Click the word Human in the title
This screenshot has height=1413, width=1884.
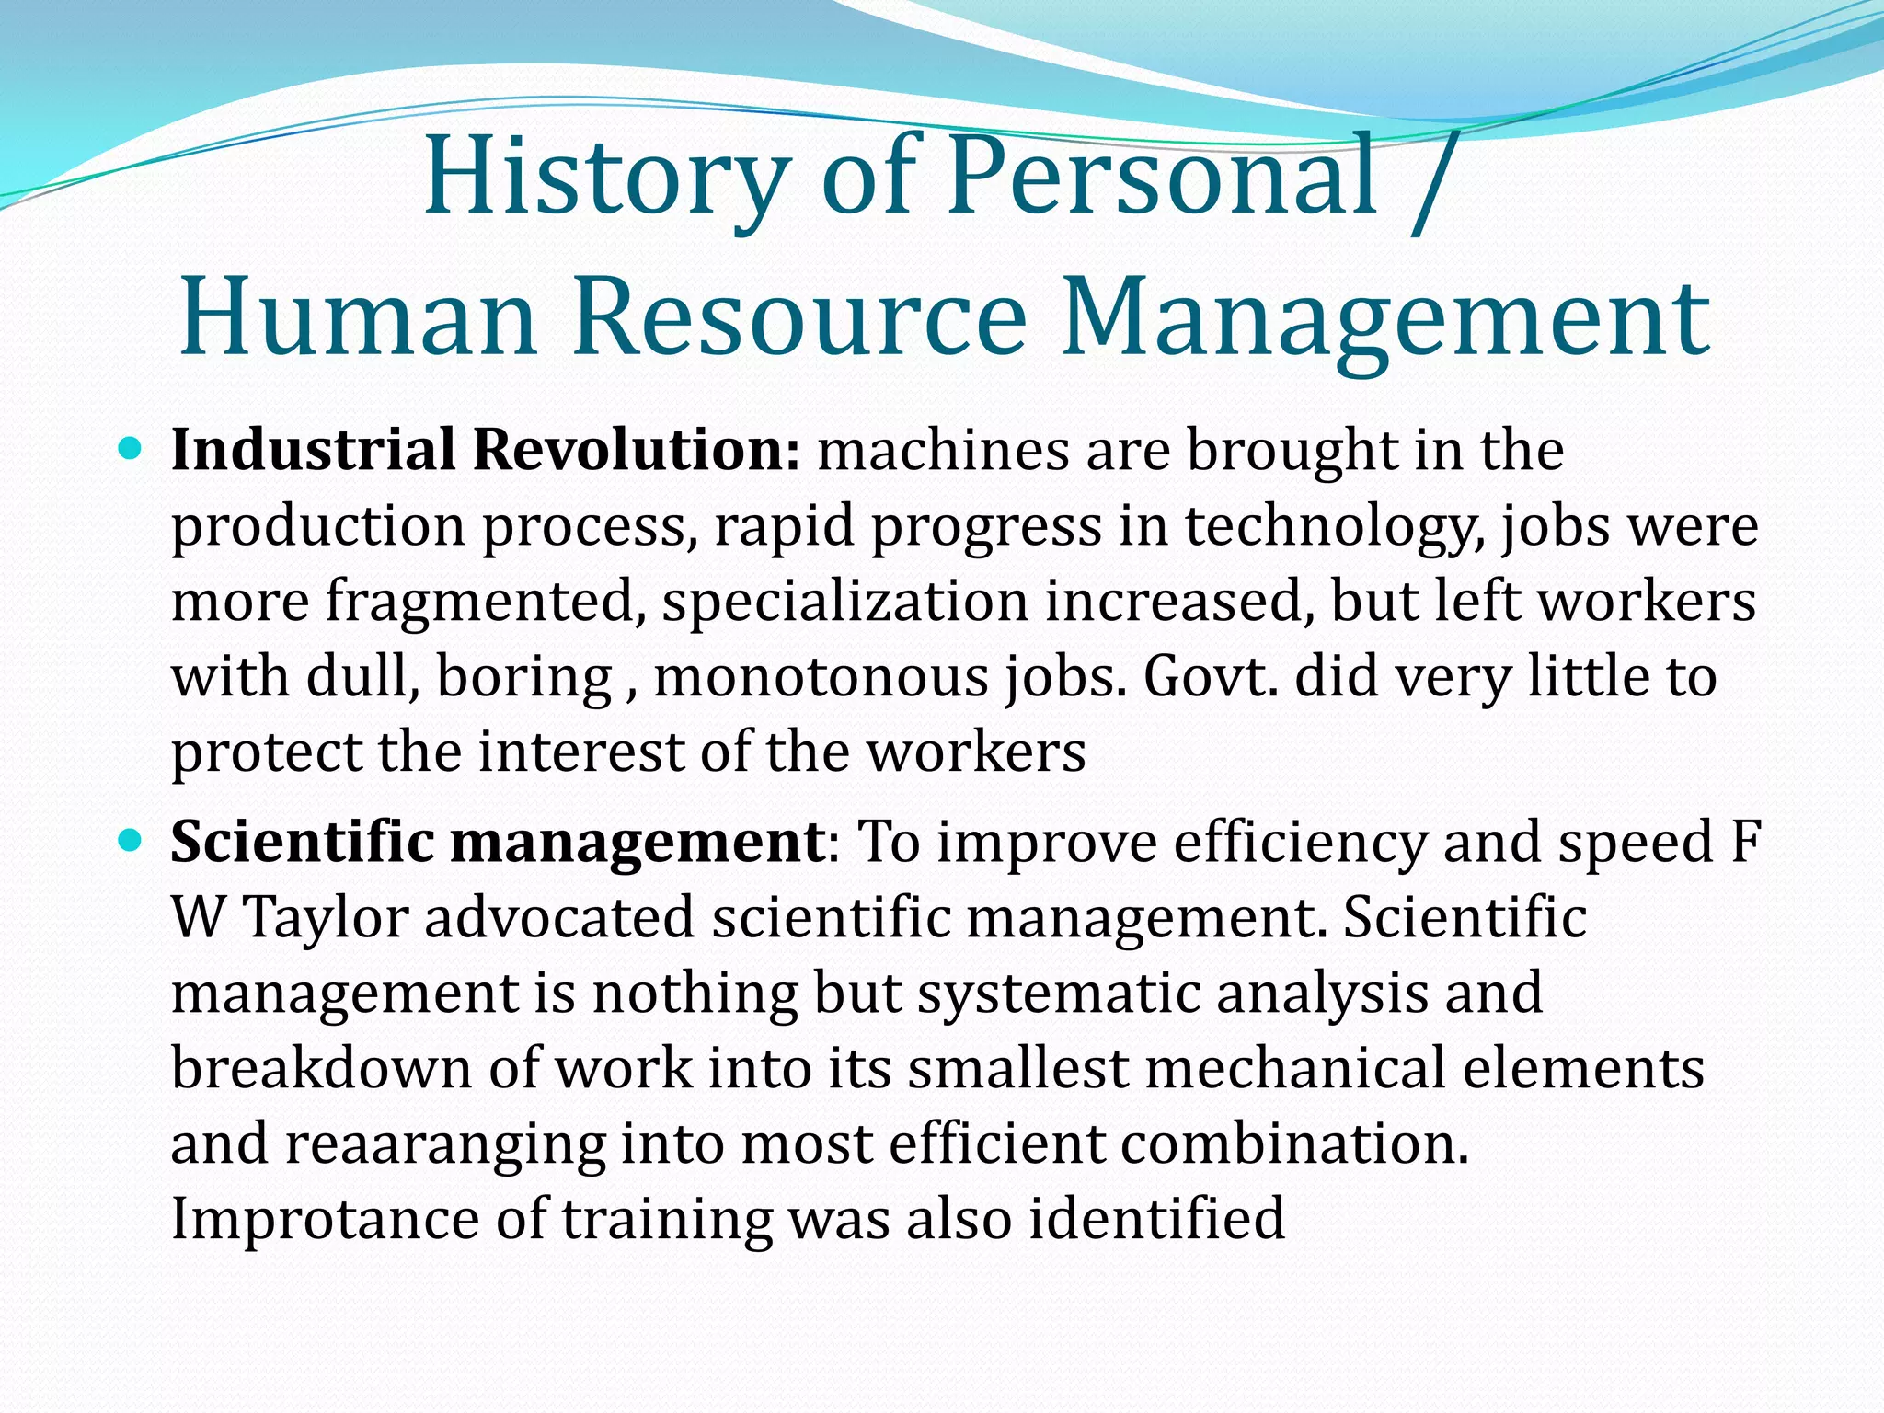click(x=359, y=317)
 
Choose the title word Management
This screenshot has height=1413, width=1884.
click(x=1385, y=317)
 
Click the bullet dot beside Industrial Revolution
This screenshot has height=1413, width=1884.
click(x=131, y=450)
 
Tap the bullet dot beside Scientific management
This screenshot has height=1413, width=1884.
click(x=131, y=841)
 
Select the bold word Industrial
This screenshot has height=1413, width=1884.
click(x=313, y=450)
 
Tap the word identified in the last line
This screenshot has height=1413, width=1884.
click(x=1156, y=1220)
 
